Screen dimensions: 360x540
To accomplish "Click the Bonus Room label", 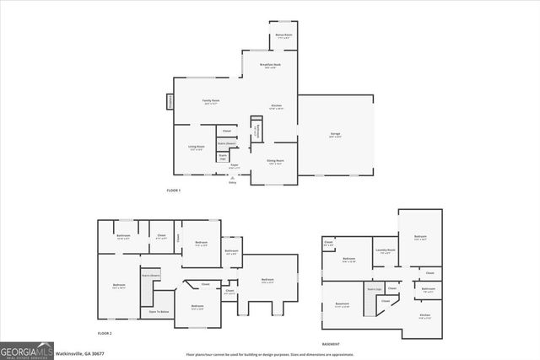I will (x=283, y=36).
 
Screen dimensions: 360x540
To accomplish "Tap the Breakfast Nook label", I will (x=271, y=67).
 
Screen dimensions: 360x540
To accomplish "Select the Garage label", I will (x=335, y=135).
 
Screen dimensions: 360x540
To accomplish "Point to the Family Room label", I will (x=211, y=101).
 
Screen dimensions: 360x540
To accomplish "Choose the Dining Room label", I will (x=276, y=162).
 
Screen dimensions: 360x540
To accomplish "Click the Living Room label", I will (x=197, y=148).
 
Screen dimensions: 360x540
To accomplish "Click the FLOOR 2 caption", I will (x=105, y=333).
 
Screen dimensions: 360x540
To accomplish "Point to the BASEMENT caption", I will (x=331, y=344).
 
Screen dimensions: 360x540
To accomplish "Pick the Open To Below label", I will (x=159, y=312).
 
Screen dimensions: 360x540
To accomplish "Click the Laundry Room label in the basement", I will (x=386, y=250).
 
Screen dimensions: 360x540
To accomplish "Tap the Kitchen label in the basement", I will (x=425, y=316).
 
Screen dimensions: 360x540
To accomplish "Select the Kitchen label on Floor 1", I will (x=276, y=106).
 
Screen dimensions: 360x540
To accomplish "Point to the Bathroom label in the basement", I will (x=428, y=290).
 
